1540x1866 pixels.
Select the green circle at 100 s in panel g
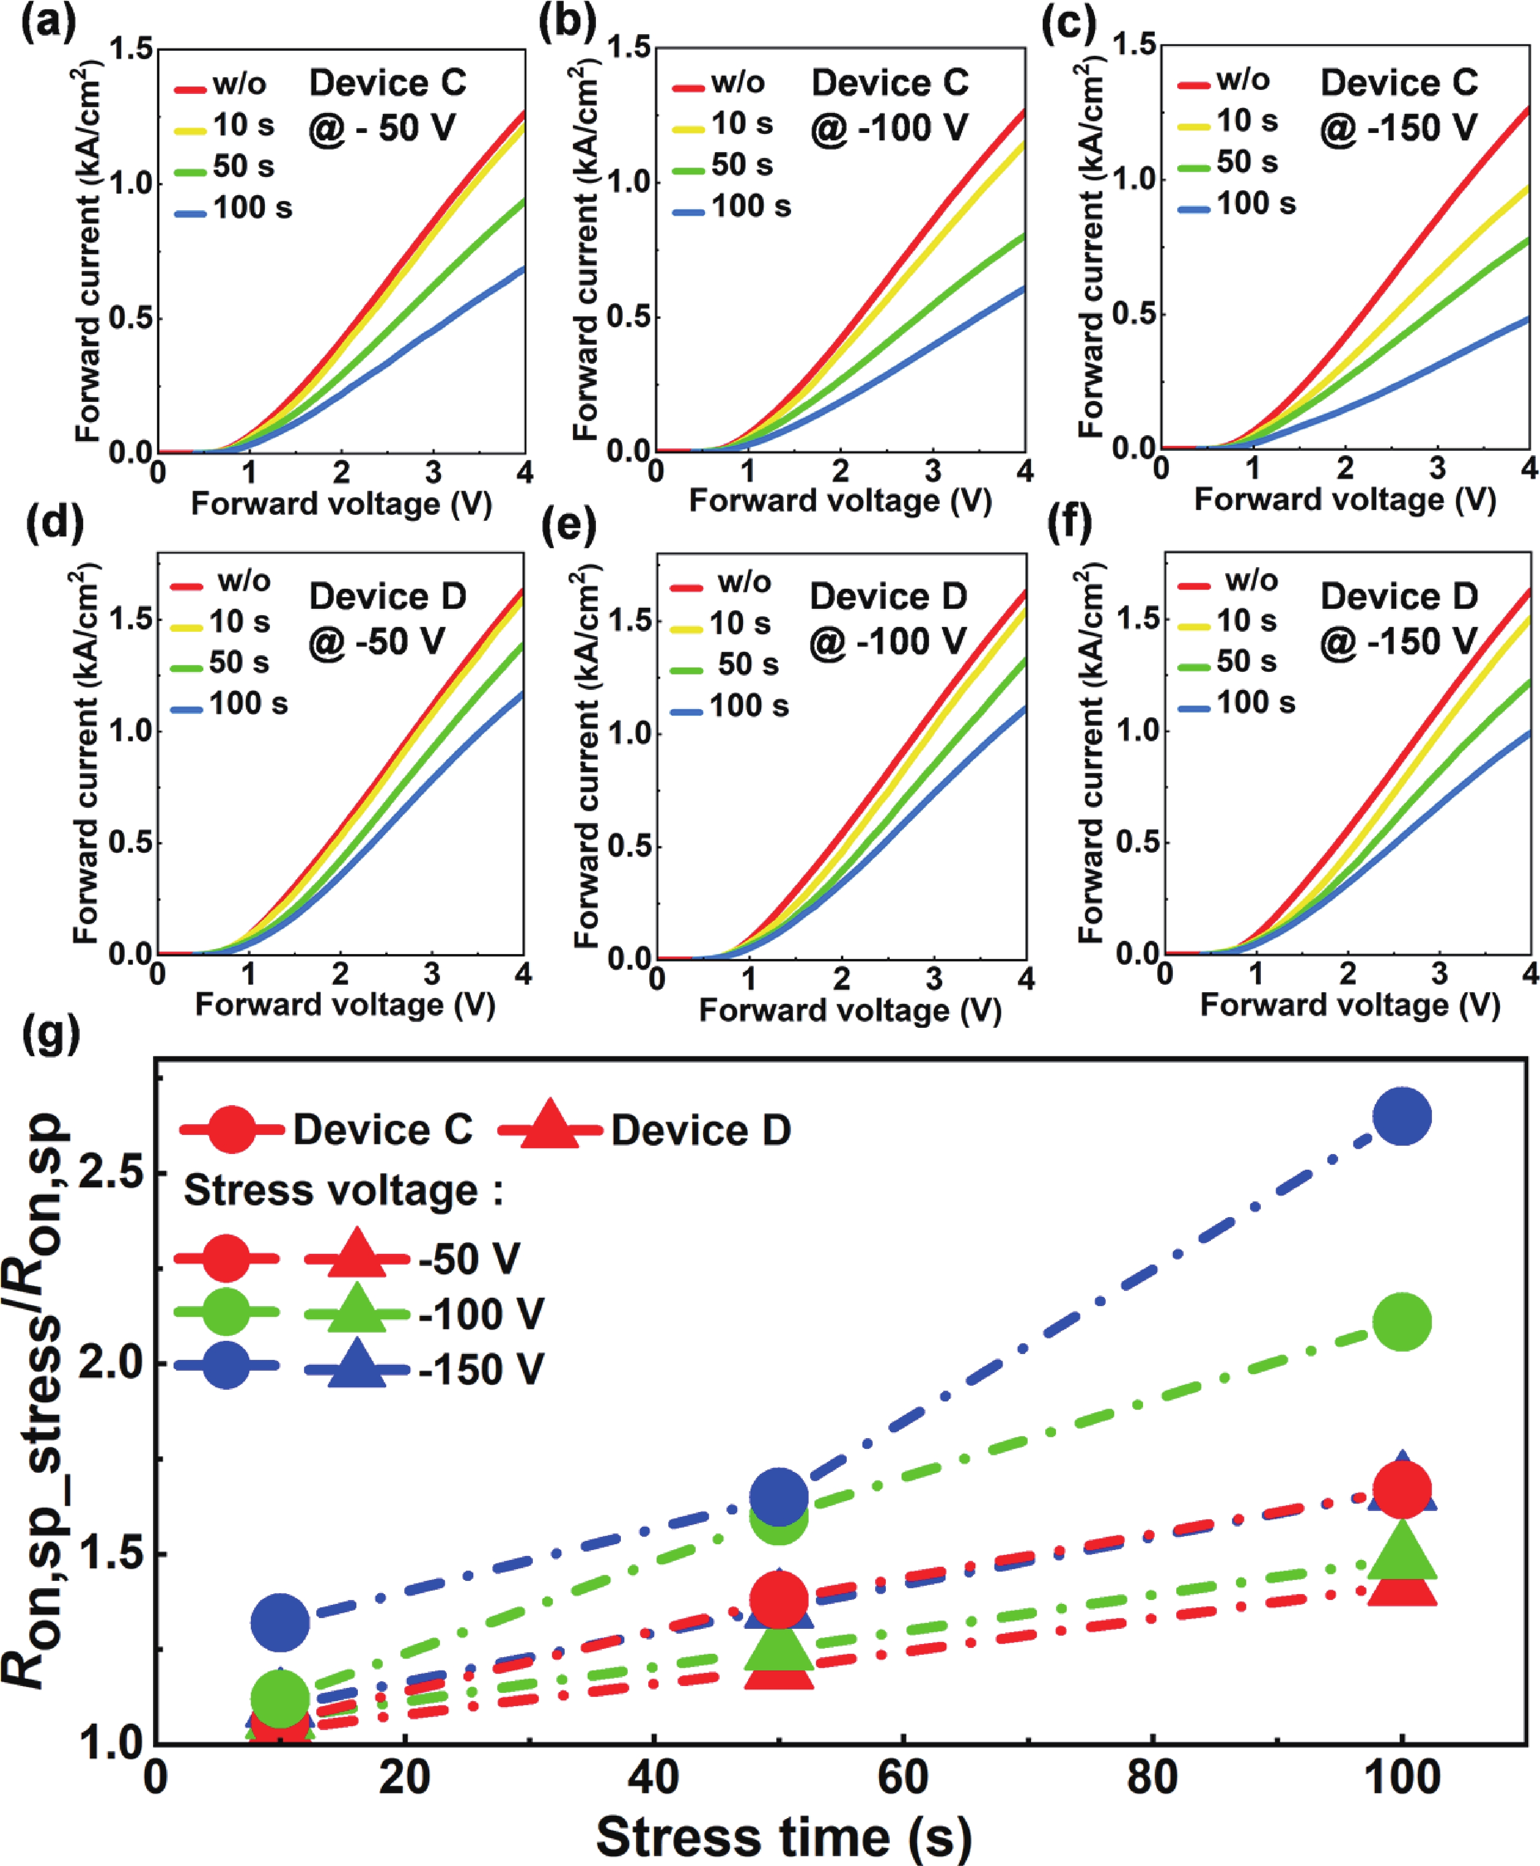[1401, 1322]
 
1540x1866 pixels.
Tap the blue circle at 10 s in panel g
[280, 1622]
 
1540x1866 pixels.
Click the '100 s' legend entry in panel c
[1255, 204]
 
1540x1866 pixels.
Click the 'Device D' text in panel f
[1399, 596]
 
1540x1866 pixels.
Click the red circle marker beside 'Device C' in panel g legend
[231, 1130]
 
